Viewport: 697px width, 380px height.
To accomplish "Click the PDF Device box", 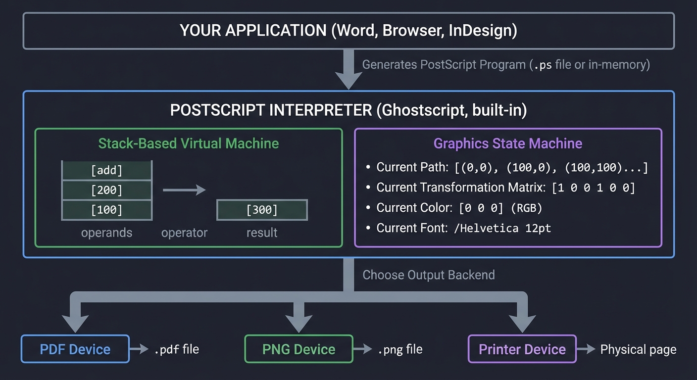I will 75,349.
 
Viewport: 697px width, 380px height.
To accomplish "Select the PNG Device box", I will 299,349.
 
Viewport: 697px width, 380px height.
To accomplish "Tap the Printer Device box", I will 522,349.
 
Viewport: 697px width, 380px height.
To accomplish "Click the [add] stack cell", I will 106,171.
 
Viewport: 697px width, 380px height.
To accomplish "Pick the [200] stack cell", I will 106,190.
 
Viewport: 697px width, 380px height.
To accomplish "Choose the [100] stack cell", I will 106,210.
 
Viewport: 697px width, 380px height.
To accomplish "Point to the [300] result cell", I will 262,210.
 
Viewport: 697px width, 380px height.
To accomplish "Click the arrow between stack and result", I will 184,190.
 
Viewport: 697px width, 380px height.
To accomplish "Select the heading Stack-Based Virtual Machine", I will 189,143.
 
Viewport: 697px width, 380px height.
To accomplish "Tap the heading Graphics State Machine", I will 508,143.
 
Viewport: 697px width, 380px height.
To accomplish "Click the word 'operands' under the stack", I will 106,233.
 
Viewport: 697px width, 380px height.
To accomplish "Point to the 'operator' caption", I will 184,233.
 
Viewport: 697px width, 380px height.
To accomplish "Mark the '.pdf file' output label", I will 176,349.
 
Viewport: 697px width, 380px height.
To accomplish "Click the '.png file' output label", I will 400,349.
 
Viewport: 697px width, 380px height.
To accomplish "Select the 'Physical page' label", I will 638,350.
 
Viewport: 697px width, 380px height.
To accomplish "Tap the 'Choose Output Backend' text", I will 429,275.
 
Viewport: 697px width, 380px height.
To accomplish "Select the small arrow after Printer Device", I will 586,349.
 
